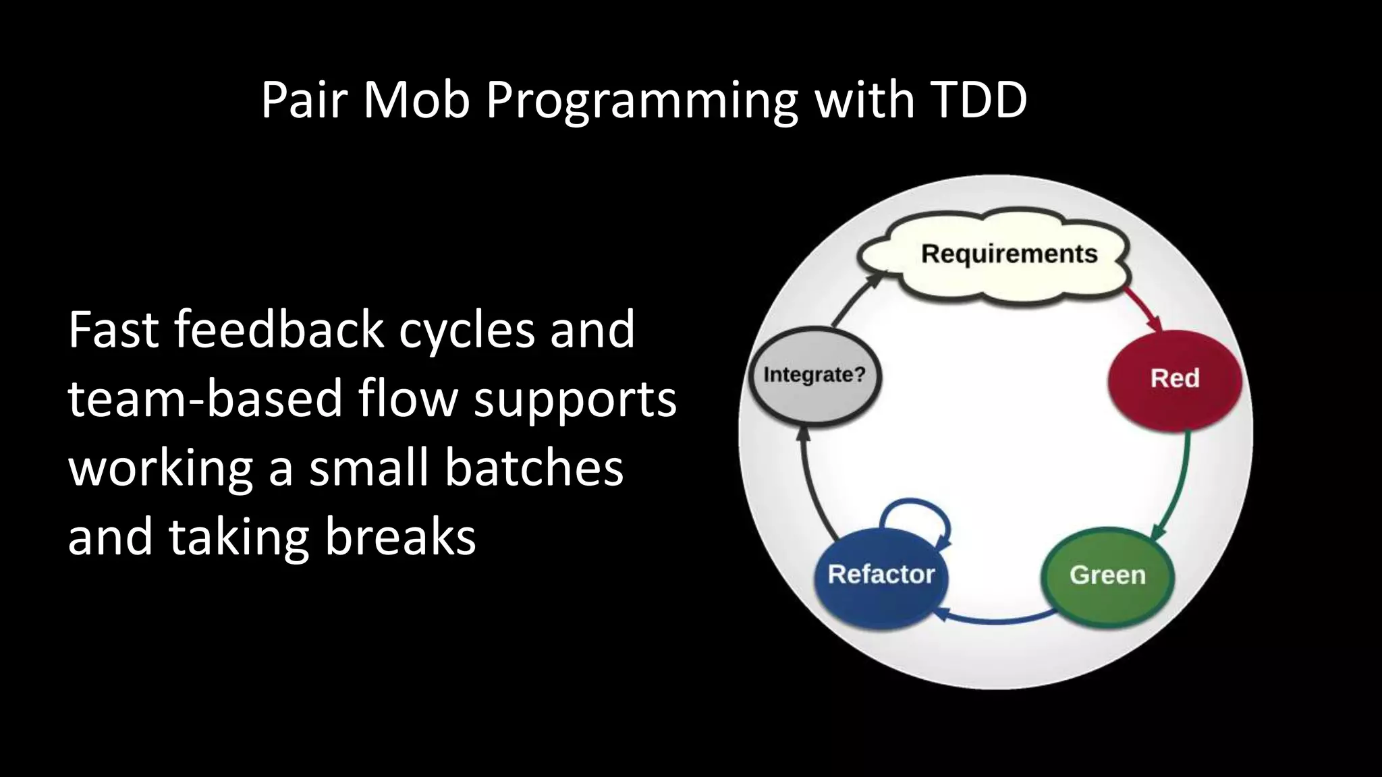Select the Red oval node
pos(1174,379)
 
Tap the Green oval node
pos(1107,575)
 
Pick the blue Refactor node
pos(881,575)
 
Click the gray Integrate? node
pos(814,375)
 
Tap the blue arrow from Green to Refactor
pos(995,619)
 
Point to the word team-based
pos(206,399)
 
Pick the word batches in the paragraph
pos(534,468)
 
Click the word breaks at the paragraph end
pos(401,538)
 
